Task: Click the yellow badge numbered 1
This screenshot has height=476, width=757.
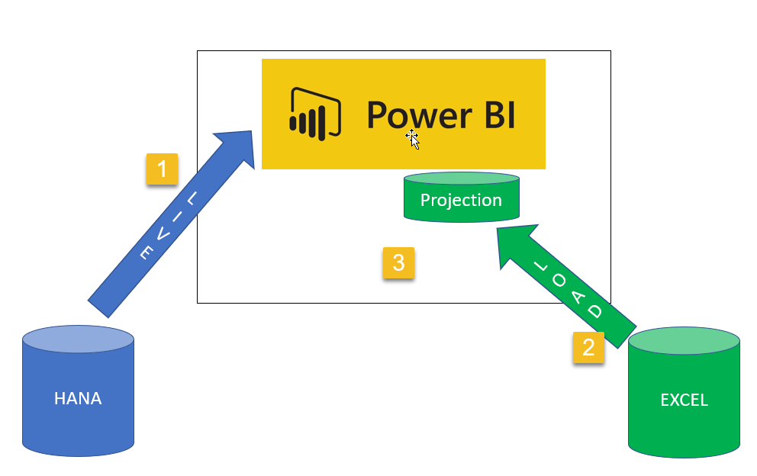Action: (162, 169)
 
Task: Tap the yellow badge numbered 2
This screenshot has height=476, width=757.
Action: (588, 347)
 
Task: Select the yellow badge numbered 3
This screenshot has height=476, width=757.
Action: (398, 263)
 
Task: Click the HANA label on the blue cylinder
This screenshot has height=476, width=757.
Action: (78, 398)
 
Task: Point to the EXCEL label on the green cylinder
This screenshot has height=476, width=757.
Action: (684, 400)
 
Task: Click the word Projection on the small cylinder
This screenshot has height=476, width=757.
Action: (461, 200)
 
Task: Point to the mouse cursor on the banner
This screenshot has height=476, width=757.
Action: (413, 139)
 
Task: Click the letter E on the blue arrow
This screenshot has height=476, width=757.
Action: (146, 255)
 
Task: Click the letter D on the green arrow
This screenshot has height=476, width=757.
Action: (596, 311)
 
